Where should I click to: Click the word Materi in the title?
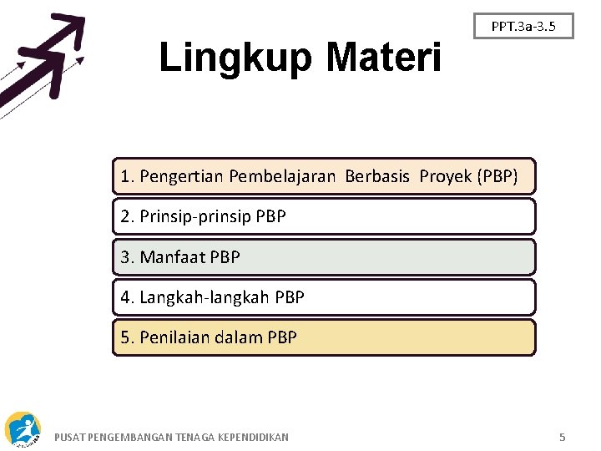[384, 58]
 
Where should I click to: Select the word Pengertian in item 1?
[182, 176]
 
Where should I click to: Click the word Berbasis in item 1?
[377, 176]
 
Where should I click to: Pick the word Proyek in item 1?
[446, 176]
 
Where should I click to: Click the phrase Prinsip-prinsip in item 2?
[195, 217]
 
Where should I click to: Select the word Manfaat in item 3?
[172, 257]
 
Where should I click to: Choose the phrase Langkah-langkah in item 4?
[205, 297]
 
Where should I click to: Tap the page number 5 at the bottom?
[563, 437]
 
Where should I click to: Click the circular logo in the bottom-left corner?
[23, 428]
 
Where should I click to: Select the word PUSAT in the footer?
[68, 437]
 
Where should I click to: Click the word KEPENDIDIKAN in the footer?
[253, 437]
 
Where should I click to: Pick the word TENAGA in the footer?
[194, 437]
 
